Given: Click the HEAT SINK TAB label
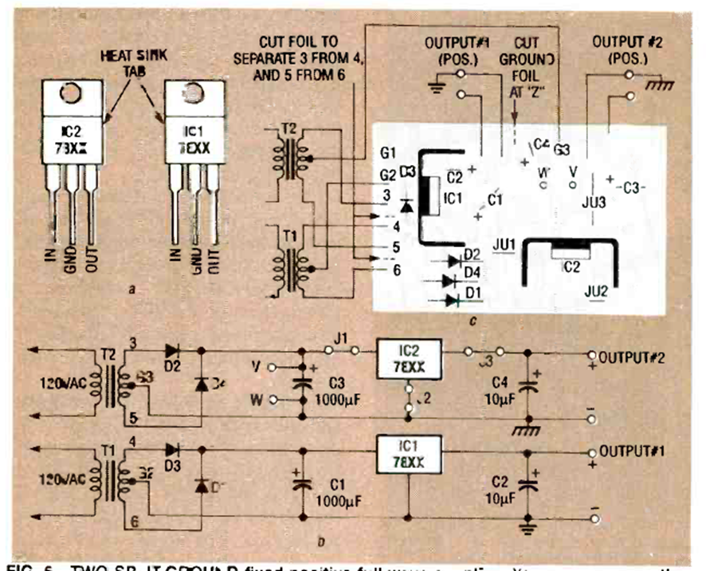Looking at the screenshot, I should click(131, 61).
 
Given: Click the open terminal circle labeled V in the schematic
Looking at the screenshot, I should click(273, 368).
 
